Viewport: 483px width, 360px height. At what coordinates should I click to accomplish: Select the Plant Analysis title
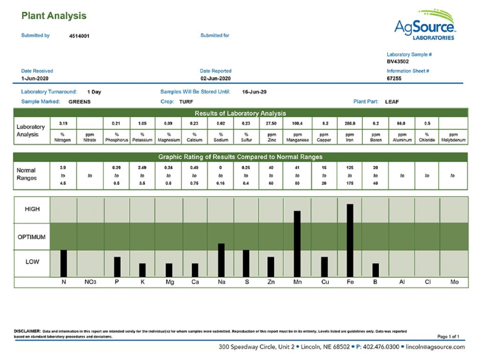[x=54, y=16]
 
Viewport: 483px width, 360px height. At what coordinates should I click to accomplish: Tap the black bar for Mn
[x=297, y=244]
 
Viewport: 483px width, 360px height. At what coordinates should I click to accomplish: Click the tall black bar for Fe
[x=349, y=240]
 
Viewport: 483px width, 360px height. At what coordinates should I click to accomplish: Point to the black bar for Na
[x=221, y=260]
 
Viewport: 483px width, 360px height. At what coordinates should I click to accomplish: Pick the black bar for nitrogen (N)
[x=64, y=264]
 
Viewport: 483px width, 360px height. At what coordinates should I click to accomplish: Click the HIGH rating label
[x=32, y=209]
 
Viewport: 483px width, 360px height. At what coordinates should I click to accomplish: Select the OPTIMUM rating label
[x=32, y=237]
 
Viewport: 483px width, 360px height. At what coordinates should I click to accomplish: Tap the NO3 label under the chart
[x=90, y=282]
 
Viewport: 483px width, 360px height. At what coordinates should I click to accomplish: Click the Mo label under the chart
[x=454, y=282]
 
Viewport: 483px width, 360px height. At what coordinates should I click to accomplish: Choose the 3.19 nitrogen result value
[x=64, y=124]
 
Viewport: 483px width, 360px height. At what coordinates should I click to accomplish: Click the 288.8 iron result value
[x=350, y=124]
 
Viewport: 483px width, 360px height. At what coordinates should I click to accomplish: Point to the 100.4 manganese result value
[x=297, y=124]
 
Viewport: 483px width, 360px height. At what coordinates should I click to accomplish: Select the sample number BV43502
[x=398, y=61]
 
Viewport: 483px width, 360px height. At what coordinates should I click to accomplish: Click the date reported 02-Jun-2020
[x=216, y=78]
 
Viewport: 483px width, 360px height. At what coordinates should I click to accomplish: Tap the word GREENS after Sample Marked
[x=79, y=102]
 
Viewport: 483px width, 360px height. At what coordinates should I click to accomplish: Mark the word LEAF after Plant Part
[x=392, y=102]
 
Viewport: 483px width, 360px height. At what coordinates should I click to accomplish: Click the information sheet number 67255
[x=394, y=78]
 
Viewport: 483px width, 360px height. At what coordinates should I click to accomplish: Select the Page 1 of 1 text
[x=449, y=337]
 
